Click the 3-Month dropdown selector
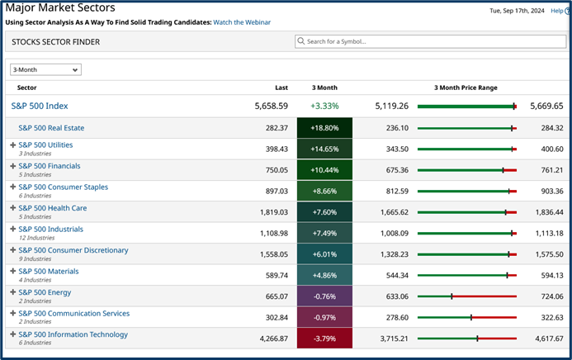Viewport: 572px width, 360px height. [x=45, y=70]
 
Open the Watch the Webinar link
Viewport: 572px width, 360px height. [x=243, y=22]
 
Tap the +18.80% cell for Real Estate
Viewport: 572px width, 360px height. [x=324, y=128]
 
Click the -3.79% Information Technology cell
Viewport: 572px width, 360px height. [x=324, y=339]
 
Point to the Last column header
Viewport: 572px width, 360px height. [x=281, y=88]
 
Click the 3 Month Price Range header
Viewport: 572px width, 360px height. [x=466, y=88]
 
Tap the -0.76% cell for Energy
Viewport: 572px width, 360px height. [x=324, y=296]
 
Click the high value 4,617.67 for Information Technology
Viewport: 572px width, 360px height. [x=546, y=339]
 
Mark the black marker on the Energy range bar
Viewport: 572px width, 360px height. [x=451, y=296]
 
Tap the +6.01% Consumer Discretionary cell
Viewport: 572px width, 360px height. [x=324, y=254]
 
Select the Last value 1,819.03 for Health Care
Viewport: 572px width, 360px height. [x=272, y=212]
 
